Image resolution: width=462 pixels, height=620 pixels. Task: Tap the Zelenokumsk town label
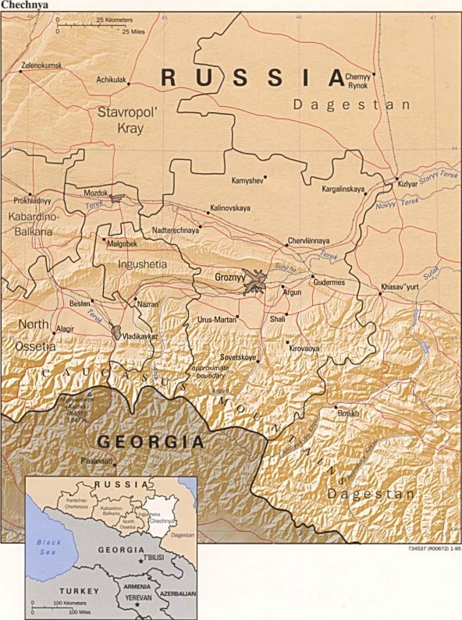coord(41,66)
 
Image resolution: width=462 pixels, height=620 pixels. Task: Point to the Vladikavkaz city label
coord(140,335)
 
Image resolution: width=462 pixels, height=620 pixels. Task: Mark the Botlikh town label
coord(348,412)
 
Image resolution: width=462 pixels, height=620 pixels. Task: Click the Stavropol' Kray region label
coord(129,120)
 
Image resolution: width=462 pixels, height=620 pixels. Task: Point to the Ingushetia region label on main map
coord(142,264)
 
